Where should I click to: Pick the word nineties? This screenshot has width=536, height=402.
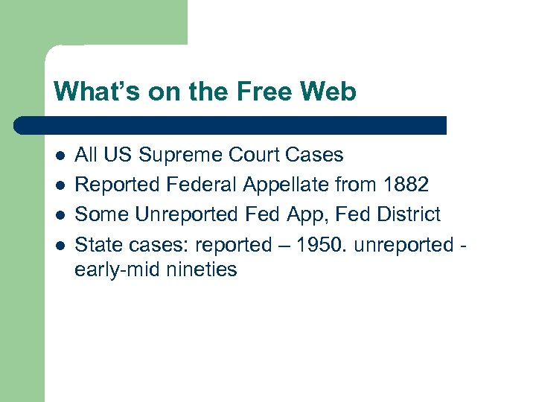pyautogui.click(x=200, y=269)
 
